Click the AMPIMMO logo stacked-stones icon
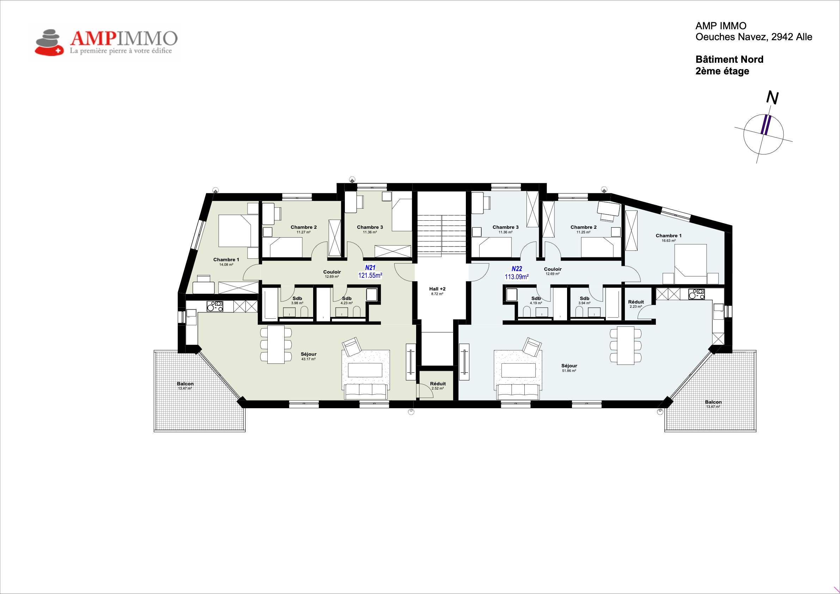(49, 42)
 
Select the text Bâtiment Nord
(729, 59)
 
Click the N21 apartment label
(370, 268)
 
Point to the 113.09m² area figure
(517, 277)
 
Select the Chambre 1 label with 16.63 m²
(668, 238)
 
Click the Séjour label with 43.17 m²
(309, 356)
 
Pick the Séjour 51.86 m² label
(569, 368)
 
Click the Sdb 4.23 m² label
(346, 300)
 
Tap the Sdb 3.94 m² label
(584, 300)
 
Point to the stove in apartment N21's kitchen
(215, 306)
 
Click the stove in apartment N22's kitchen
(696, 294)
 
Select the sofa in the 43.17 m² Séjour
(366, 391)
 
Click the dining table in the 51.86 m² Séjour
(626, 345)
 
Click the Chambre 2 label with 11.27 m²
(304, 229)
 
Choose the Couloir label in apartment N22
(553, 271)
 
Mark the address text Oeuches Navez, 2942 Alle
(754, 37)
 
